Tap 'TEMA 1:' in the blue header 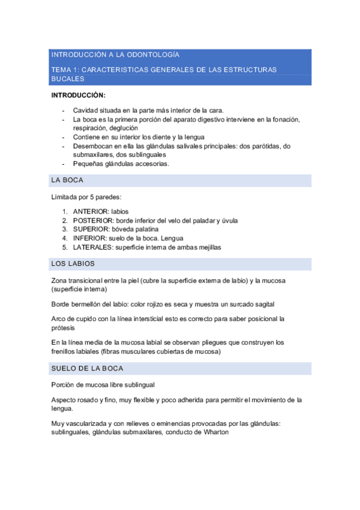(x=64, y=70)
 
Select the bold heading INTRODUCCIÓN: (x=78, y=95)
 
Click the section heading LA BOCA (x=67, y=180)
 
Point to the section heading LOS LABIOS (x=73, y=264)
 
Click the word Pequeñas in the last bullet (x=88, y=163)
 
